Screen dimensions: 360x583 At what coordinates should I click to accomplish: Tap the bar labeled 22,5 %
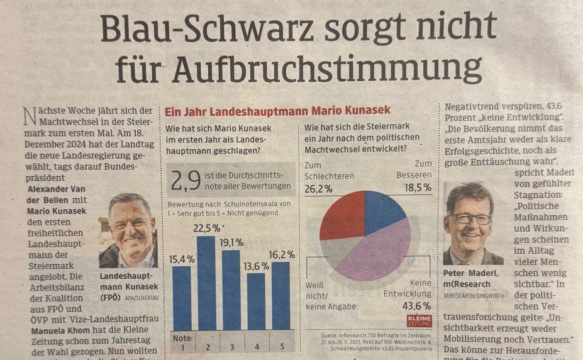[x=206, y=283]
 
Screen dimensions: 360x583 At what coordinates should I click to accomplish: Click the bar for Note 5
[x=280, y=296]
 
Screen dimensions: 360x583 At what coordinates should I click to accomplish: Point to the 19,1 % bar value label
[x=231, y=243]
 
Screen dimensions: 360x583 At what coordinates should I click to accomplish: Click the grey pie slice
[x=340, y=251]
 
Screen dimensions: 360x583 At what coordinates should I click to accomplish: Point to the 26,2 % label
[x=318, y=188]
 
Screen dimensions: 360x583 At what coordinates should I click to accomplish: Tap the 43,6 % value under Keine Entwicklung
[x=415, y=306]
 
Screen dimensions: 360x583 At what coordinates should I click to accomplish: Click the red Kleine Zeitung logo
[x=419, y=320]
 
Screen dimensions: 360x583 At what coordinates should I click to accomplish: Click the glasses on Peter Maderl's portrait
[x=470, y=218]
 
